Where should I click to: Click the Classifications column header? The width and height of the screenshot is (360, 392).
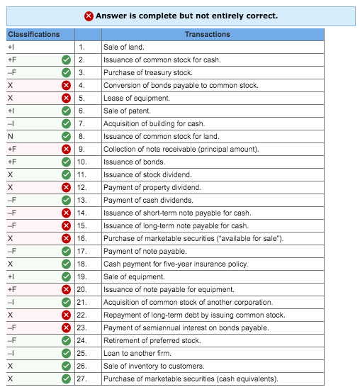click(x=34, y=34)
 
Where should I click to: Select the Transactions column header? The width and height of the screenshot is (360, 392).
click(x=207, y=34)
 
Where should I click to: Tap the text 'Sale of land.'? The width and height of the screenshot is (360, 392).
click(x=123, y=47)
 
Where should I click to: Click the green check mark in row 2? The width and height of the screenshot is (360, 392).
click(x=66, y=60)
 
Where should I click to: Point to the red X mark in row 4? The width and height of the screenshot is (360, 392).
click(x=66, y=85)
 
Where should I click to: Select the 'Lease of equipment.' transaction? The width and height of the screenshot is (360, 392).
click(x=137, y=98)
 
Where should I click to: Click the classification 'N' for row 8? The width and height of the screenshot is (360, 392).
click(x=10, y=136)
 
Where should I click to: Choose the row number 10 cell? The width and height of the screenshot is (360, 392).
click(x=82, y=162)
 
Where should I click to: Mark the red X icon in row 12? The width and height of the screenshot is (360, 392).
click(x=66, y=187)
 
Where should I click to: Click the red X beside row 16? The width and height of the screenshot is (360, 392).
click(x=66, y=238)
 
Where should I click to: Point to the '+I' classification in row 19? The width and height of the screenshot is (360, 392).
click(x=11, y=276)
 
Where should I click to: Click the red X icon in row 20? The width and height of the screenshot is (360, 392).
click(x=66, y=289)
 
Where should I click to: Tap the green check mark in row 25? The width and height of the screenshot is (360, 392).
click(x=66, y=353)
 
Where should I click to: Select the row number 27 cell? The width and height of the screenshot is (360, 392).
click(x=82, y=379)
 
